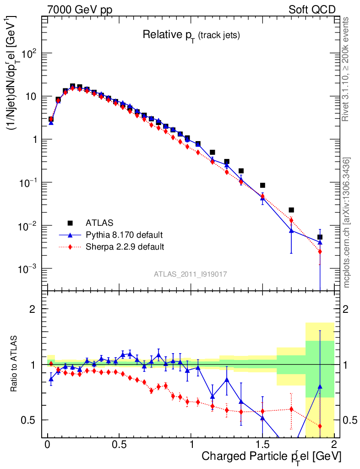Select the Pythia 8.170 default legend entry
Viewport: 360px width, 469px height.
click(124, 235)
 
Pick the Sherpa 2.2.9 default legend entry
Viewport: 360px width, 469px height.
click(125, 247)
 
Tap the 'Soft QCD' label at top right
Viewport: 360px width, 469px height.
click(312, 10)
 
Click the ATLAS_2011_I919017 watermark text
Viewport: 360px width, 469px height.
click(191, 274)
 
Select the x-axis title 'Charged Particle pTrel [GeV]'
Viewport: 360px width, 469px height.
click(272, 456)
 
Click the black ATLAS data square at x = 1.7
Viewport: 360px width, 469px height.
click(291, 210)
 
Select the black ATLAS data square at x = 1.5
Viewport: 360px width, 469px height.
click(262, 185)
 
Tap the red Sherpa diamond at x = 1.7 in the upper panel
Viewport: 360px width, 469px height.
click(291, 220)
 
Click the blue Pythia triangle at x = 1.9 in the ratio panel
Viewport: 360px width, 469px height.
click(320, 387)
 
